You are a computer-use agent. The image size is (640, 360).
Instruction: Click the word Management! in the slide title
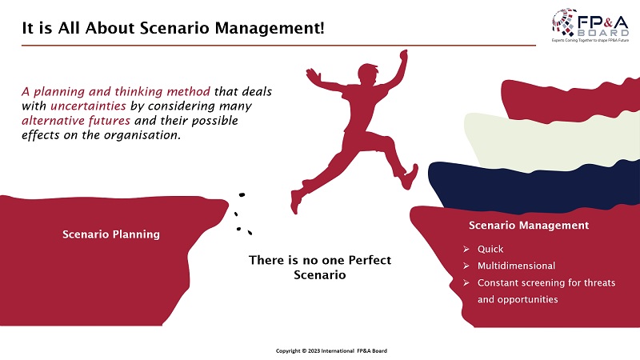tap(270, 29)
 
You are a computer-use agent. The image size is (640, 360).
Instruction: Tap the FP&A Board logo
tap(590, 26)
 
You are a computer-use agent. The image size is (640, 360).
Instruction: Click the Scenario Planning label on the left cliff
tap(111, 234)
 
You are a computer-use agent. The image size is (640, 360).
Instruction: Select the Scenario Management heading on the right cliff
tap(529, 226)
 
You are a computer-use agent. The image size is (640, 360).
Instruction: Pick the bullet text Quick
tap(490, 249)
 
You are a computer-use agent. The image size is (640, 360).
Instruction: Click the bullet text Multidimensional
tap(516, 266)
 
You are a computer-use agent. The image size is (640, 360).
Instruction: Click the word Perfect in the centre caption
tap(370, 260)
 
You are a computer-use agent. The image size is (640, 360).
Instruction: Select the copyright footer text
tap(331, 350)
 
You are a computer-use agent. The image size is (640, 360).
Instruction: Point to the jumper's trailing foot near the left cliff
tap(295, 202)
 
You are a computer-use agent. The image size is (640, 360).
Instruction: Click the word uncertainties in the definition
tap(88, 106)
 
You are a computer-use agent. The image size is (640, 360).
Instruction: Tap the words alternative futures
tap(76, 121)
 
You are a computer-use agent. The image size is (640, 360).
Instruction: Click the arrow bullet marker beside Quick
tap(466, 249)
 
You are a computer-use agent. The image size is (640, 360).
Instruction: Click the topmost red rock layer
tap(570, 98)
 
